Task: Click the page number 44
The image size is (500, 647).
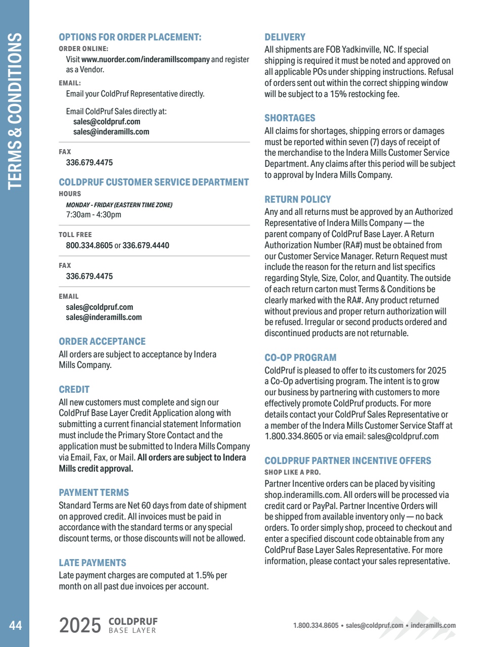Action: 15,625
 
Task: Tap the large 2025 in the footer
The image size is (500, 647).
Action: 80,626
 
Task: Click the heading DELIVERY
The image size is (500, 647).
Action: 285,37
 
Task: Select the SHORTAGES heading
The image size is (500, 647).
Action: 290,118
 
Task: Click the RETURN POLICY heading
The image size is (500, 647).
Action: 298,200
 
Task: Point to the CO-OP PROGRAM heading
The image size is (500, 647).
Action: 300,358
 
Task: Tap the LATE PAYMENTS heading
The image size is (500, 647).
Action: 93,563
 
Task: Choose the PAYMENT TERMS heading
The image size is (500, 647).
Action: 94,493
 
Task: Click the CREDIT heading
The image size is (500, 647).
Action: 74,390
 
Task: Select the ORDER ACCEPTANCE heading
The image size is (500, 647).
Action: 102,342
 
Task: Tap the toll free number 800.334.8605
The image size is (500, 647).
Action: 89,246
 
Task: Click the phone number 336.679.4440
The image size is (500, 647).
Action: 146,246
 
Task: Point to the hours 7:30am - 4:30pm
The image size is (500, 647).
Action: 94,215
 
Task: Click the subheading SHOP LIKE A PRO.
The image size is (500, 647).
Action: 293,473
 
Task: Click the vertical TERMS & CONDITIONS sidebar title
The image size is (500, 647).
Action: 15,111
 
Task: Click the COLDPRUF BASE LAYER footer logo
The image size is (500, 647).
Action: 133,626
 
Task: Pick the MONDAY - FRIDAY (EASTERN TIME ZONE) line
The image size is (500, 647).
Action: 119,205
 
